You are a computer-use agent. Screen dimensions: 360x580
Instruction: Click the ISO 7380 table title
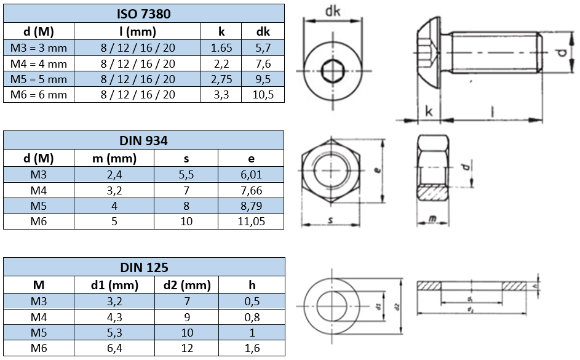click(143, 14)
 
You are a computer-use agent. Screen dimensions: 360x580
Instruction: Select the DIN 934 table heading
click(143, 140)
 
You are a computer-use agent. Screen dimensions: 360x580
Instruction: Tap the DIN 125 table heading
click(143, 267)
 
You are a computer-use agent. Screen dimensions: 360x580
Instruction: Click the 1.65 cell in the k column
click(220, 47)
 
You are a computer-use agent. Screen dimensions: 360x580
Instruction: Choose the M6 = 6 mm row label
click(39, 95)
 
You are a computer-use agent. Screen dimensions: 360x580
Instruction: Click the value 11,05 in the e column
click(251, 221)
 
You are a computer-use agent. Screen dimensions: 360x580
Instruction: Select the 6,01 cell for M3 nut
click(251, 174)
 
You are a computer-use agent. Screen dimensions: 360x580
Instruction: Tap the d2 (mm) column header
click(187, 285)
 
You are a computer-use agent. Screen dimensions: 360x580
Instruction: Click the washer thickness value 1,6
click(251, 348)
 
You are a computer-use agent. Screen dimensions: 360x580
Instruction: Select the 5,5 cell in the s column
click(187, 174)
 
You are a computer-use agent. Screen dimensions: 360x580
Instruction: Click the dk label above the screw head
click(332, 10)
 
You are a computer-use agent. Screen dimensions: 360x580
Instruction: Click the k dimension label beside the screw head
click(429, 111)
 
